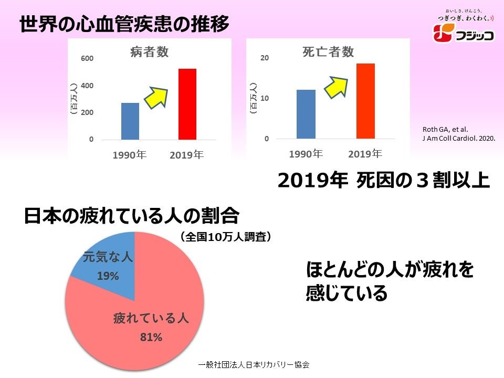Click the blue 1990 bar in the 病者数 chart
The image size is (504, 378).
130,121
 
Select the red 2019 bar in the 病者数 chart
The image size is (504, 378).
187,104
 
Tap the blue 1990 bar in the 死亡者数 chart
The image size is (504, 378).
306,114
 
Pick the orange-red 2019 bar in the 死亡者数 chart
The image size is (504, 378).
365,101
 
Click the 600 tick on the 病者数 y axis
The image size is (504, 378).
87,58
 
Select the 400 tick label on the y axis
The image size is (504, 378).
87,86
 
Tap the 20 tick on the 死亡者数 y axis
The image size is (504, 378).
265,58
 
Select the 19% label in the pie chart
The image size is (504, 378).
108,276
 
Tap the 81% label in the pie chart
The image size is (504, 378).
151,338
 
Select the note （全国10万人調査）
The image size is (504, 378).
226,237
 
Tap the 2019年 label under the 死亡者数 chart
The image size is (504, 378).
365,154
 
